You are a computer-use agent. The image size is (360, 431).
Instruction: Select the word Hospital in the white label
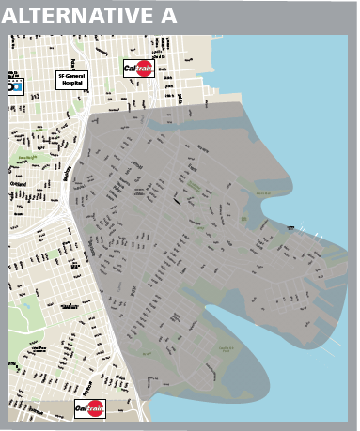point(71,83)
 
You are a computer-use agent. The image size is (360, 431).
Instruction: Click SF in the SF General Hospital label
point(62,75)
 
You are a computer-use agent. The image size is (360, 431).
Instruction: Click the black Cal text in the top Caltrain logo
point(132,68)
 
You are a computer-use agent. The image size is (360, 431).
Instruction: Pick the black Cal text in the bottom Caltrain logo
point(84,409)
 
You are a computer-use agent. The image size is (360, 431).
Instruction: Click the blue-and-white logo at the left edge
point(14,85)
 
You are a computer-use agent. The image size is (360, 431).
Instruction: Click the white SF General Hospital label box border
point(55,80)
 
